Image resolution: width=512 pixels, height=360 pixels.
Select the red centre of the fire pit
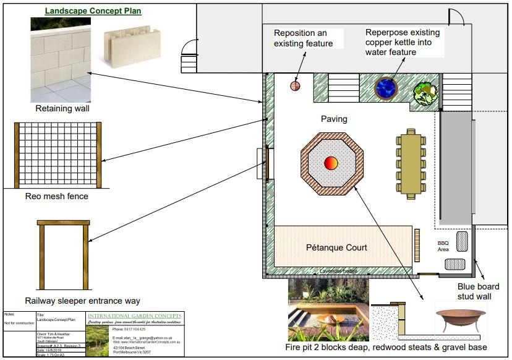[331, 163]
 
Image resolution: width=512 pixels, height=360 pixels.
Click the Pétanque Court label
[336, 247]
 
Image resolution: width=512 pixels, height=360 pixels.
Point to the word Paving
[334, 119]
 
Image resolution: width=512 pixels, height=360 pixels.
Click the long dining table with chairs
[410, 162]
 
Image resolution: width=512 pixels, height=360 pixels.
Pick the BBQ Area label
[443, 246]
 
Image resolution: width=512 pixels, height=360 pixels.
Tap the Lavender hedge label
[338, 272]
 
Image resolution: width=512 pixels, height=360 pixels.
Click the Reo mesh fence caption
[57, 197]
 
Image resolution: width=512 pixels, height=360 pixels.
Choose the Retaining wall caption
[62, 109]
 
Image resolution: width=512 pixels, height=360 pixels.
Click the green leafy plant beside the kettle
[425, 93]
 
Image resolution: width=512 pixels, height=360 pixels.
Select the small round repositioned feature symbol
[296, 86]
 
